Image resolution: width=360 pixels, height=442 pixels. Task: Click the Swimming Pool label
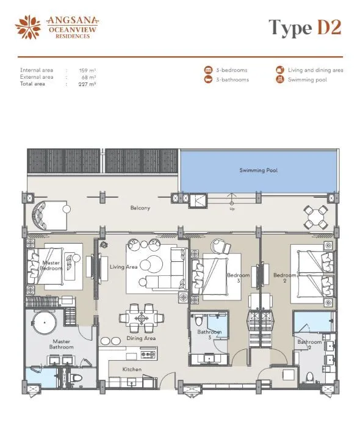click(x=258, y=170)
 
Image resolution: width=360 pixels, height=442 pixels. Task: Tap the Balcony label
click(x=140, y=208)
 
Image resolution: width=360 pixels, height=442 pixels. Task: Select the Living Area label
click(x=124, y=267)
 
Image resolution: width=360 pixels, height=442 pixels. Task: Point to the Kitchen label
click(x=132, y=369)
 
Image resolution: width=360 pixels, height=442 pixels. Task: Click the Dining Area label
click(x=141, y=338)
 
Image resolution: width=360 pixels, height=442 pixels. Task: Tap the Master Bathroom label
click(x=62, y=344)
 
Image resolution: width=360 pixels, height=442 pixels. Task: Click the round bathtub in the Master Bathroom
click(x=44, y=322)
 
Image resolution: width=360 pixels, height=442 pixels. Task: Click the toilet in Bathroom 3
click(x=198, y=321)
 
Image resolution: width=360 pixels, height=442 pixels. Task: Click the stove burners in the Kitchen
click(x=148, y=354)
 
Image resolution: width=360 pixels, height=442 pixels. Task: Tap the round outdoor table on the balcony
click(x=315, y=217)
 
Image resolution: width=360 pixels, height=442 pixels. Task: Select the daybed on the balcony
click(x=49, y=216)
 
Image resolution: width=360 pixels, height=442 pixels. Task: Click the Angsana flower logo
click(x=28, y=27)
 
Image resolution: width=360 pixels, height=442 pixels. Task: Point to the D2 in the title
click(x=329, y=27)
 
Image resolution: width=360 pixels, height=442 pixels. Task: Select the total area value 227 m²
click(x=87, y=84)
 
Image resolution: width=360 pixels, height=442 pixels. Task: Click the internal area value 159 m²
click(x=88, y=70)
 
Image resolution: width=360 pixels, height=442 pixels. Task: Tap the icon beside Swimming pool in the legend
click(x=279, y=79)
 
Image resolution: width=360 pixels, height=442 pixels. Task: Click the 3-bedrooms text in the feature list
click(x=232, y=70)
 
